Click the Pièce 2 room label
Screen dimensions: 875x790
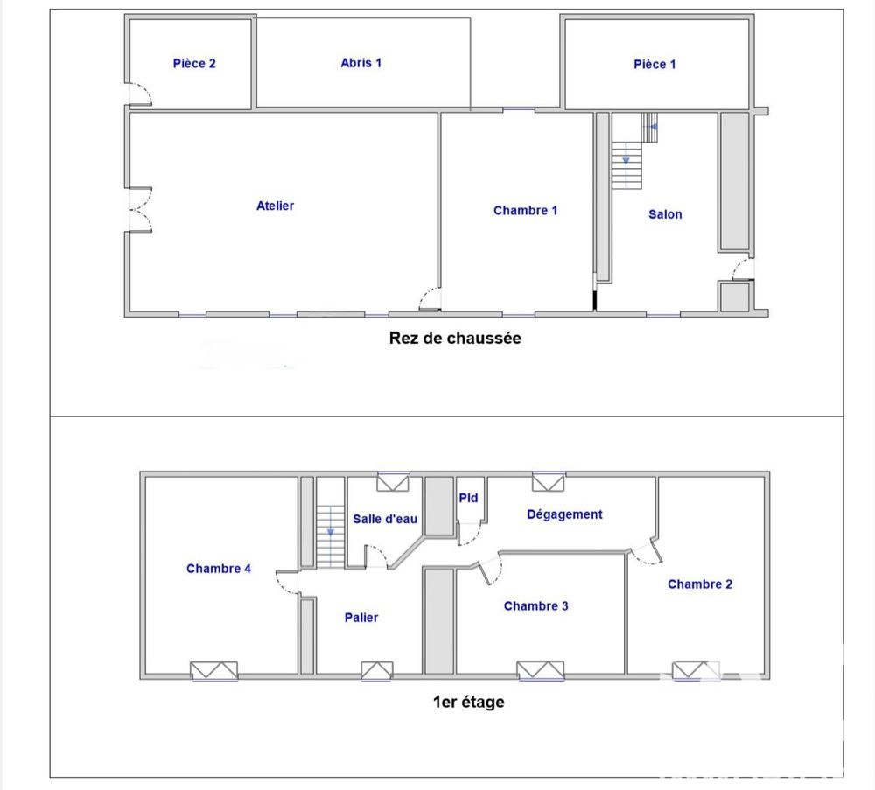click(194, 64)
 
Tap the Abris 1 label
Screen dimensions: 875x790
click(361, 63)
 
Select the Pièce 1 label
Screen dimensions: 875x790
click(654, 64)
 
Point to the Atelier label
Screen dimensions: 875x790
click(275, 206)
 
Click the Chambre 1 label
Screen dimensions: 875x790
click(525, 210)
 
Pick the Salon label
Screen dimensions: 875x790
click(665, 214)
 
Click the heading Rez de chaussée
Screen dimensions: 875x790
click(455, 338)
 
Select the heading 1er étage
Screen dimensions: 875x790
click(469, 702)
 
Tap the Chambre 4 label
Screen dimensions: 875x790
click(219, 569)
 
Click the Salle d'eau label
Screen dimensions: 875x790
click(385, 519)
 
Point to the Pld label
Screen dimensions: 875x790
click(468, 498)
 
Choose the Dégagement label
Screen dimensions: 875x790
click(564, 514)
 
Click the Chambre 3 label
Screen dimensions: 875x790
click(535, 606)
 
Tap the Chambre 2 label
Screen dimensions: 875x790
click(700, 584)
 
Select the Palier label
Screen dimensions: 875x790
click(361, 618)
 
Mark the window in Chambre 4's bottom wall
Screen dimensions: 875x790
click(214, 671)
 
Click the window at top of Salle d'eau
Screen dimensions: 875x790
click(393, 482)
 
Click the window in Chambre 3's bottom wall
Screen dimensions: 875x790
click(540, 671)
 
